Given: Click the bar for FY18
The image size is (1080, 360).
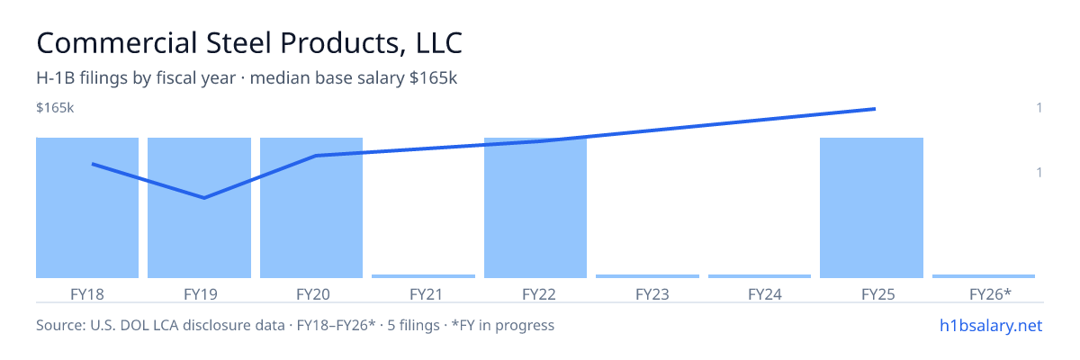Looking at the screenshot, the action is pyautogui.click(x=87, y=208).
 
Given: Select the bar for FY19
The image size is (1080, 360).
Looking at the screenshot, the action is pyautogui.click(x=199, y=208).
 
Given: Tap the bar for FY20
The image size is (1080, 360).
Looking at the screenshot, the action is pyautogui.click(x=311, y=208).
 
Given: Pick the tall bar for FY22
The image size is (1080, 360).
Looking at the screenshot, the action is pyautogui.click(x=535, y=208).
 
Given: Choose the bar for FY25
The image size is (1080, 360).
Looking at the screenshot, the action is pyautogui.click(x=872, y=208).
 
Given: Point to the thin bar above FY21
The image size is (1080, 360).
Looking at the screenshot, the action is pyautogui.click(x=423, y=276).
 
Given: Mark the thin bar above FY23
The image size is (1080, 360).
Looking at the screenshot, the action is pyautogui.click(x=647, y=276).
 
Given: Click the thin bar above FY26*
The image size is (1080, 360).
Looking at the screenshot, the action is pyautogui.click(x=984, y=276).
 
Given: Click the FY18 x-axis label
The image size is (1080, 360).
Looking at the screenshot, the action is pyautogui.click(x=87, y=294).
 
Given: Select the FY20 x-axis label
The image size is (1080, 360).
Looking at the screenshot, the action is pyautogui.click(x=313, y=294).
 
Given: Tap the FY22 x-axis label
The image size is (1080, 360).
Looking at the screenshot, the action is pyautogui.click(x=539, y=294).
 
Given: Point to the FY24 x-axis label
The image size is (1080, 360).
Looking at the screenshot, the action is pyautogui.click(x=765, y=294).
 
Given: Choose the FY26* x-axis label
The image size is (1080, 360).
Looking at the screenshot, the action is pyautogui.click(x=990, y=294).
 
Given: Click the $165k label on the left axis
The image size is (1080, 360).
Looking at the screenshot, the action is pyautogui.click(x=55, y=108).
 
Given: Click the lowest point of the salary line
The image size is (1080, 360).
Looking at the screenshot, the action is pyautogui.click(x=204, y=198).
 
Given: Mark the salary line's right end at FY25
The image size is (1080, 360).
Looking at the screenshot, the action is pyautogui.click(x=875, y=109).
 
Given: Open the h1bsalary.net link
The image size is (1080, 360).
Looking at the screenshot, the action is pyautogui.click(x=991, y=326).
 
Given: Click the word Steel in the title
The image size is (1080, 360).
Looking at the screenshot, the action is pyautogui.click(x=238, y=43).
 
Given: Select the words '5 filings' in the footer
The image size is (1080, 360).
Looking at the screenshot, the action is pyautogui.click(x=413, y=326).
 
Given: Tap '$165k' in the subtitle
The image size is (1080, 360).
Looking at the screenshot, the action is pyautogui.click(x=433, y=78).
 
